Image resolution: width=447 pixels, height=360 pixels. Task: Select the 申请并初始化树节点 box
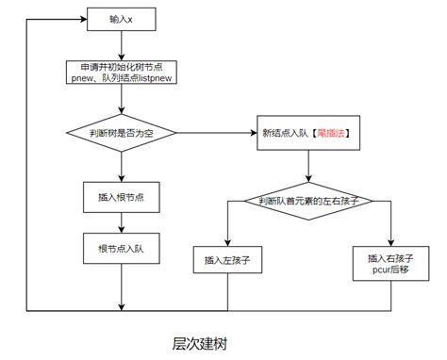coord(120,74)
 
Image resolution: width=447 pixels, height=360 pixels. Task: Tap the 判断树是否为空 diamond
coord(121,133)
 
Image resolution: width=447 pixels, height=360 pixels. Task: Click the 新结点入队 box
coord(306,134)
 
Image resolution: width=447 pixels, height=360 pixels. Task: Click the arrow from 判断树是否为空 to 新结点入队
coord(217,133)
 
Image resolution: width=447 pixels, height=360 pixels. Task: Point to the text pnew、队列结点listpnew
coord(120,80)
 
